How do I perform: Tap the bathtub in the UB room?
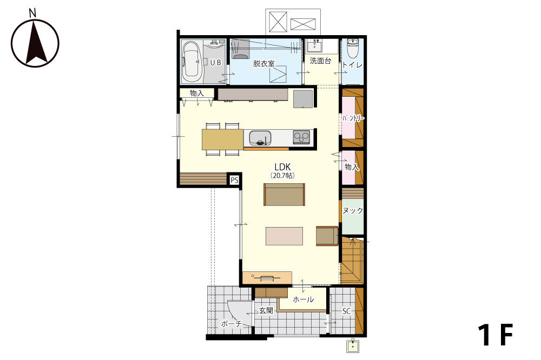click(192, 62)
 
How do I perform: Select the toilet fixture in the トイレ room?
click(353, 48)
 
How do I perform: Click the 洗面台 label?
click(320, 61)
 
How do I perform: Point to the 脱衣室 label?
click(263, 63)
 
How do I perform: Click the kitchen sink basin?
click(260, 138)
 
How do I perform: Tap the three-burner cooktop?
click(301, 137)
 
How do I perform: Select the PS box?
click(235, 180)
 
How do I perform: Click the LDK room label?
click(282, 167)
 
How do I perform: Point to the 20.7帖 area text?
click(282, 176)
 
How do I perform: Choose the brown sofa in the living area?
click(285, 195)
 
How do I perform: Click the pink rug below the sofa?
click(285, 236)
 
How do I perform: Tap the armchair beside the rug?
click(327, 236)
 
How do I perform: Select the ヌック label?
click(353, 210)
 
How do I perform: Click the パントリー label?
click(353, 118)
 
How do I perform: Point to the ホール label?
click(304, 299)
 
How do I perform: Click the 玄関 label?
click(266, 310)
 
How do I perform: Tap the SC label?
click(346, 311)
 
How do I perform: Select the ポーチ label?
click(231, 324)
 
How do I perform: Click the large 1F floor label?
click(496, 335)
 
